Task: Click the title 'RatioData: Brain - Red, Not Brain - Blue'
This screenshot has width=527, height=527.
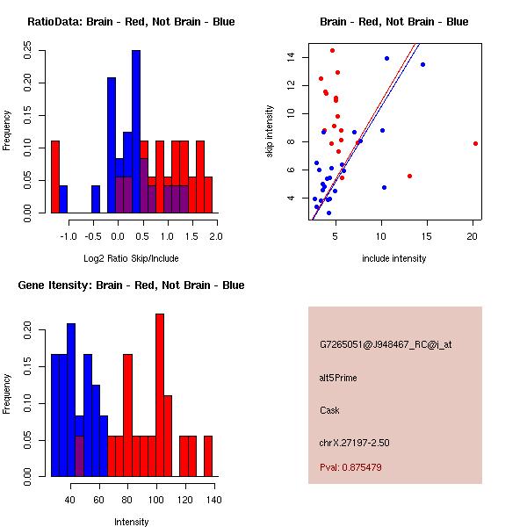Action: click(x=130, y=22)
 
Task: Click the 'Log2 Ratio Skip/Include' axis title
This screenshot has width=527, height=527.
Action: click(x=130, y=258)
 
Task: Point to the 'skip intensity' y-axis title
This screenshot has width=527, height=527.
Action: click(x=271, y=132)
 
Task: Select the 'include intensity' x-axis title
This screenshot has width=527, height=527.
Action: click(x=393, y=258)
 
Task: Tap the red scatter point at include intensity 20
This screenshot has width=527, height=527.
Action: click(x=475, y=143)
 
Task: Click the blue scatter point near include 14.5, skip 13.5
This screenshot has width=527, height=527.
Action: click(x=422, y=64)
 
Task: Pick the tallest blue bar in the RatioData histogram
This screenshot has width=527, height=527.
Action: click(x=136, y=132)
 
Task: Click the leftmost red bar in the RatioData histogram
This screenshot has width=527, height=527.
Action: click(x=55, y=176)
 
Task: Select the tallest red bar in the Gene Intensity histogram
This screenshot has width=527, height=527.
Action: click(x=160, y=395)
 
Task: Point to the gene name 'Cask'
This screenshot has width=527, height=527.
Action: click(x=329, y=410)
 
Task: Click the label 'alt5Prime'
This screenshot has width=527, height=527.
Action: click(x=338, y=378)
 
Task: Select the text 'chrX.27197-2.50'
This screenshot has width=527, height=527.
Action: click(x=354, y=443)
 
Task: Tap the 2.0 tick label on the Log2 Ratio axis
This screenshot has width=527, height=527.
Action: click(x=216, y=236)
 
